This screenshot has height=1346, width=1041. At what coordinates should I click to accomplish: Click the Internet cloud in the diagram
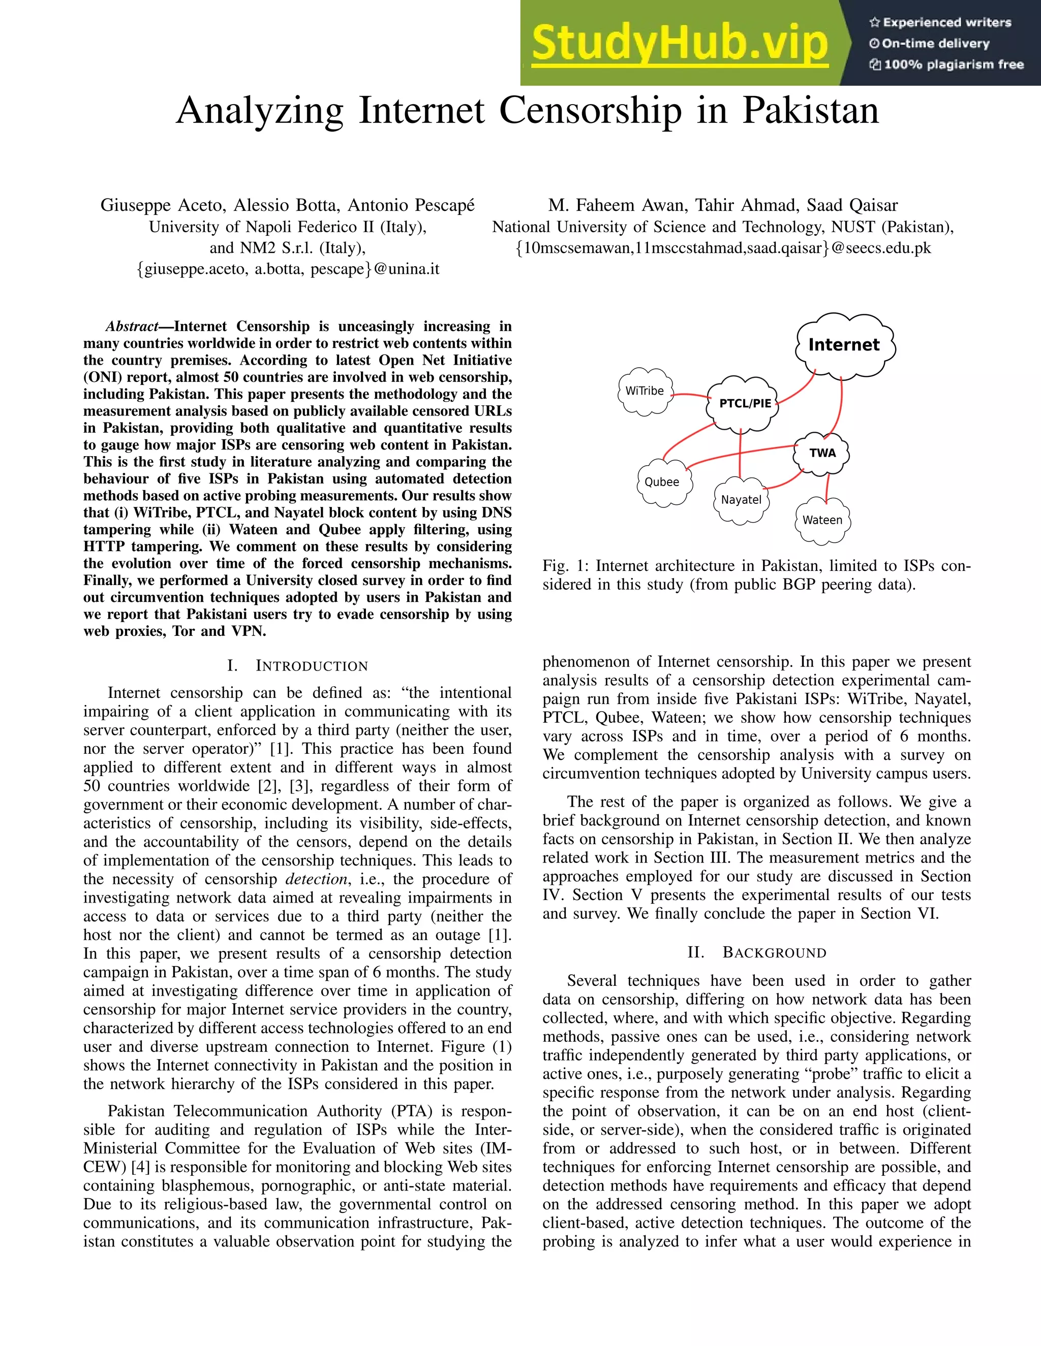click(844, 345)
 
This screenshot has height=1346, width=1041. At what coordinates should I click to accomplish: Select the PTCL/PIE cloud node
click(744, 404)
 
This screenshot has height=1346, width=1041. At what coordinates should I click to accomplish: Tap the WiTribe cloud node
click(645, 391)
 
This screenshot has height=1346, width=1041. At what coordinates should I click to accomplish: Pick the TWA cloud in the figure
click(822, 453)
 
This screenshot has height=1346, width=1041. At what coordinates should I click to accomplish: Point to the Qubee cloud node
click(662, 483)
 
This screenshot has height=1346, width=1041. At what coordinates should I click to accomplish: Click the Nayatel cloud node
click(741, 500)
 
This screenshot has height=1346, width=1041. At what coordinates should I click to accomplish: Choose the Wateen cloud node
click(822, 520)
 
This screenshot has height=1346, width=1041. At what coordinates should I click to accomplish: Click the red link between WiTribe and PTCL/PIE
click(689, 395)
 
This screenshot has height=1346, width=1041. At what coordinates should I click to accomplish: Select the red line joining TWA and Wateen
click(826, 487)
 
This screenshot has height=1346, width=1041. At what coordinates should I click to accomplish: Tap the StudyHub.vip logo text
click(679, 43)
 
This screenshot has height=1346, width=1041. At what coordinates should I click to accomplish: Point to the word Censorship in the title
click(590, 111)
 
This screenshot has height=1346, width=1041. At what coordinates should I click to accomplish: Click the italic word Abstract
click(131, 327)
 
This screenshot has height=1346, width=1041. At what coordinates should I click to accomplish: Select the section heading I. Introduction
click(297, 666)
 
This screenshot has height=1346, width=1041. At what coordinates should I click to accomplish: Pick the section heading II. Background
click(757, 953)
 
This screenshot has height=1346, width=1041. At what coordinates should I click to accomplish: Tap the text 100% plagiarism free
click(954, 65)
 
